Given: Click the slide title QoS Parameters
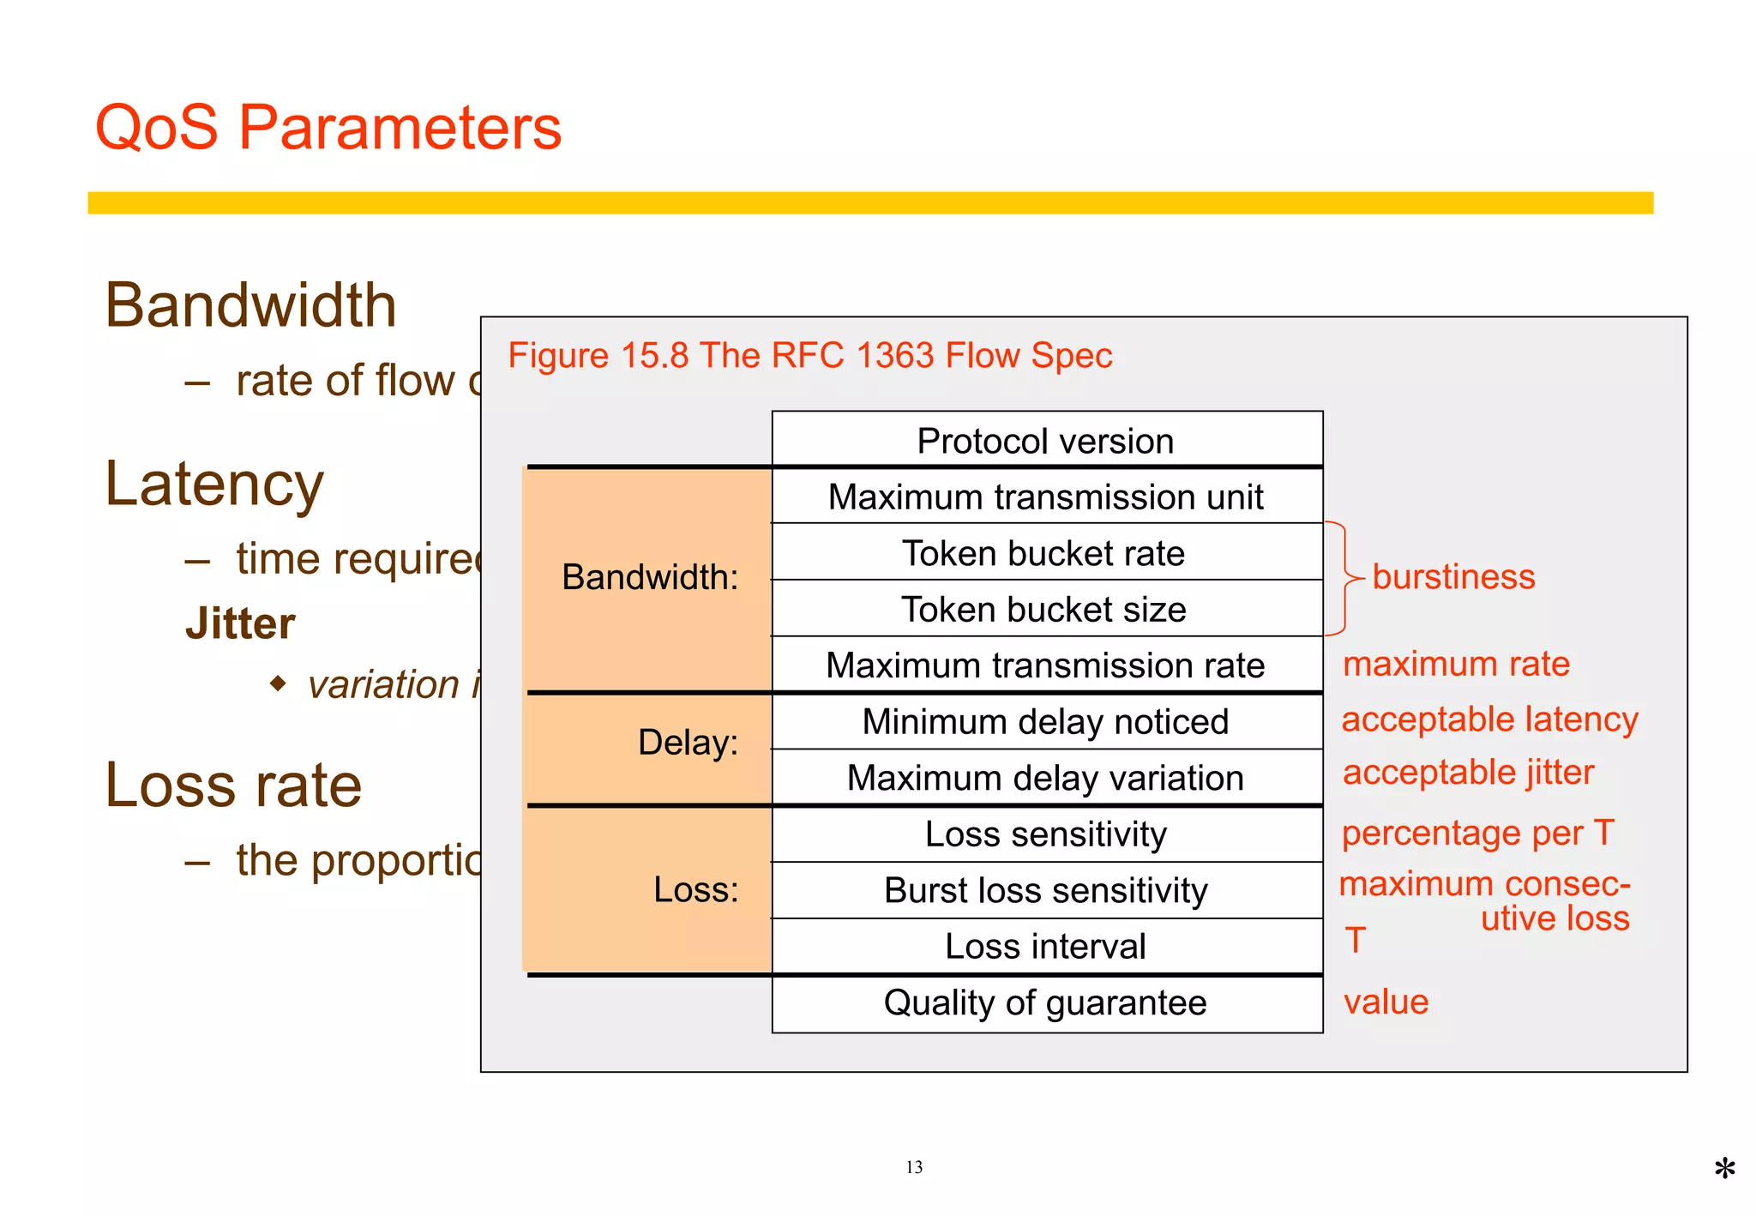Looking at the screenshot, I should point(328,128).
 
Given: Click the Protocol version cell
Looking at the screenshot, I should point(1045,442).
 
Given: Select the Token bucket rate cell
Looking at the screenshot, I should point(1043,553).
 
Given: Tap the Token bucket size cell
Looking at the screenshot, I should point(1043,610).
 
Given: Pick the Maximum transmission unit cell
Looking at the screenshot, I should point(1045,497).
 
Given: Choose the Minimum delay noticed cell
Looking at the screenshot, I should point(1045,722).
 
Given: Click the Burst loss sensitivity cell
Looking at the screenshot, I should point(1045,890).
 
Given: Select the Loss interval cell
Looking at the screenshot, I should point(1045,947).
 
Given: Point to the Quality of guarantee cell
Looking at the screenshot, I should point(1045,1002).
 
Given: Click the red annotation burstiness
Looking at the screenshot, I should point(1453,577).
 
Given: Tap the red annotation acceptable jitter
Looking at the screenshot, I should point(1468,773).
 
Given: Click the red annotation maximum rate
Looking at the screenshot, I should point(1456,665).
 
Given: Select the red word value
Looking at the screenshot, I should point(1386,1002).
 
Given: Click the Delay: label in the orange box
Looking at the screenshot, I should point(688,743).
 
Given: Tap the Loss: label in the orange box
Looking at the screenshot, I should point(695,890).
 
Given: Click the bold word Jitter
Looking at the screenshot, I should point(240,623).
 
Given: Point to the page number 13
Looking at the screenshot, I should point(914,1167).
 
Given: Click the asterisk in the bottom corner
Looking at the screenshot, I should point(1724,1169).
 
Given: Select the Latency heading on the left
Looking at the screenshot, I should point(214,485).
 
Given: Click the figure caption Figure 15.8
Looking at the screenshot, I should point(809,356).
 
